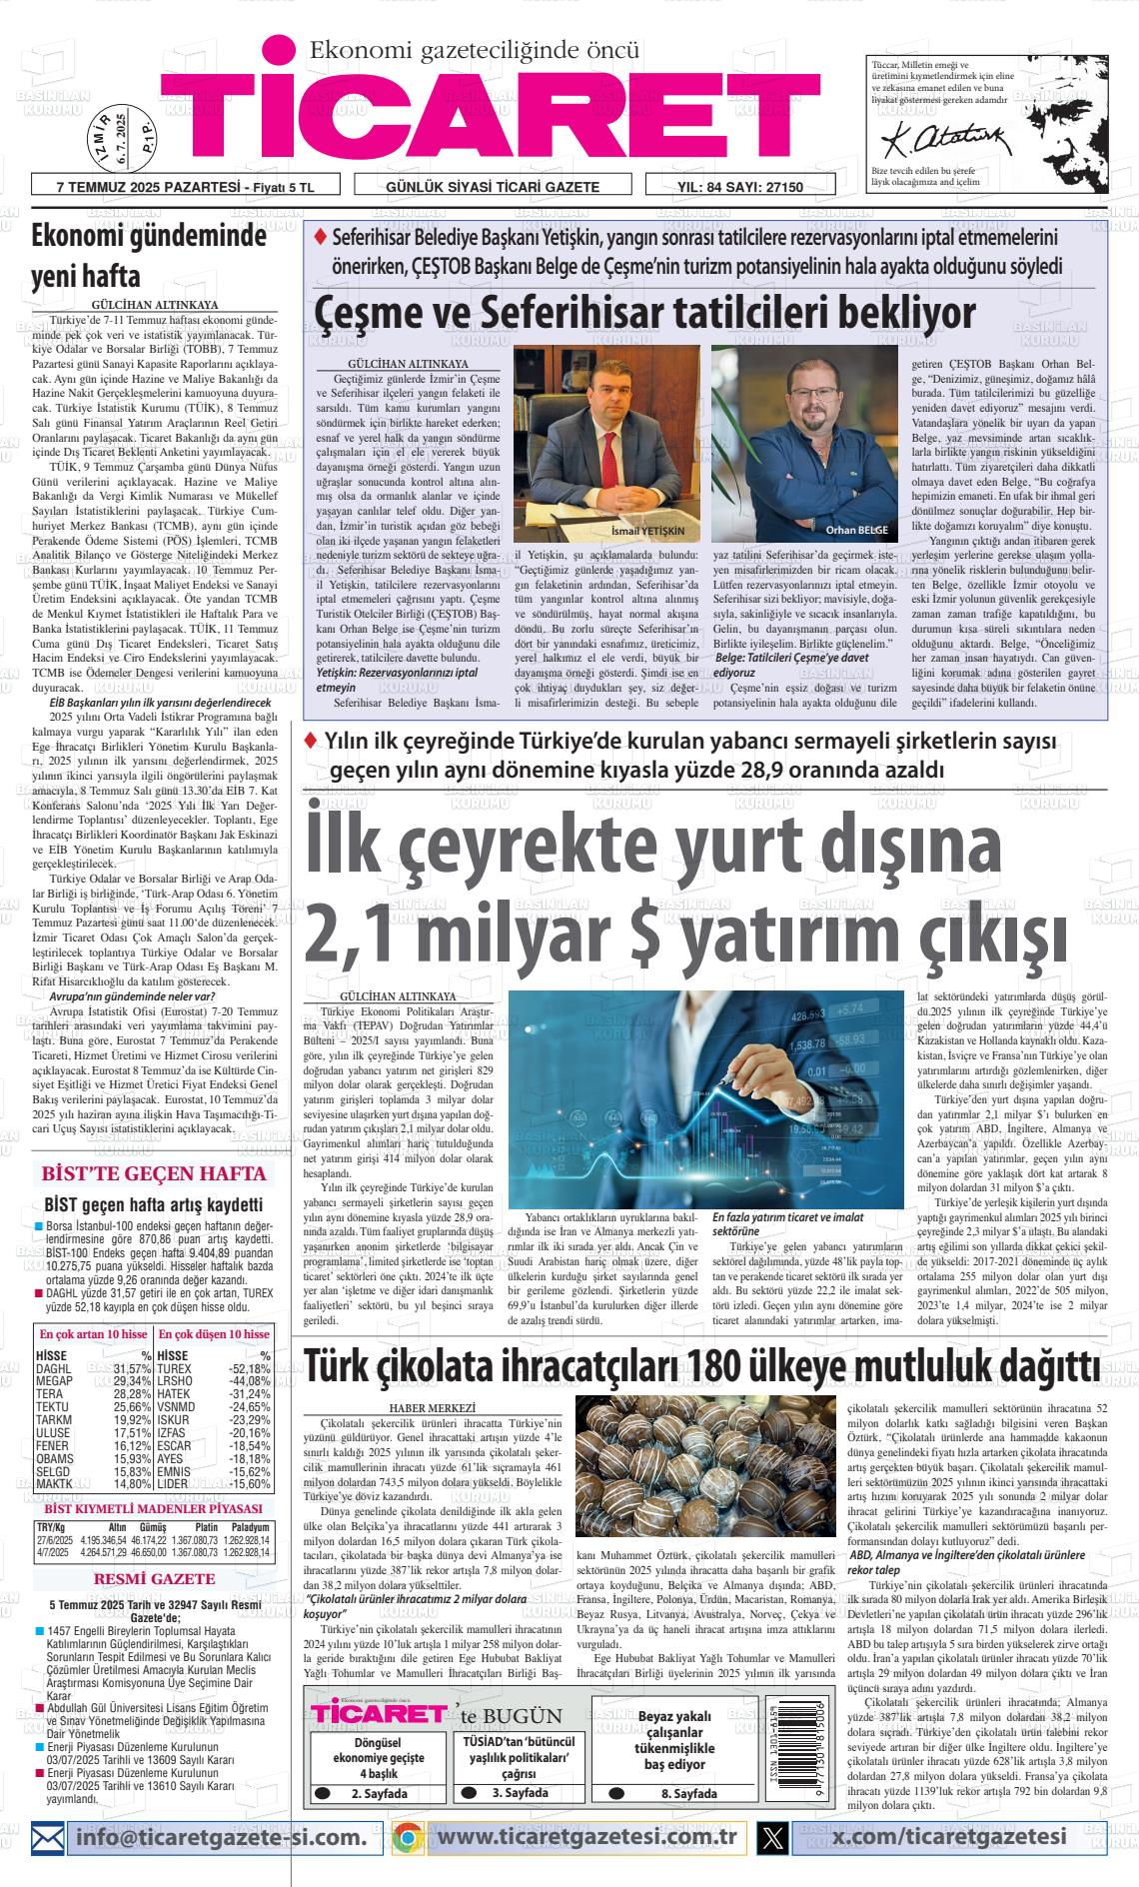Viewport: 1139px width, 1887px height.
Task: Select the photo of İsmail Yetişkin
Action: click(606, 443)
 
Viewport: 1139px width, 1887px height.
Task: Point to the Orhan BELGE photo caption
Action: click(856, 530)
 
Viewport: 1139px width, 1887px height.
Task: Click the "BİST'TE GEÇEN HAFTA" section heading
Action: click(152, 1173)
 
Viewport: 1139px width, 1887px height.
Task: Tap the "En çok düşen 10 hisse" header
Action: click(215, 1334)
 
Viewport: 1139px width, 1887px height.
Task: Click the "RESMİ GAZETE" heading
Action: click(153, 1579)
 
